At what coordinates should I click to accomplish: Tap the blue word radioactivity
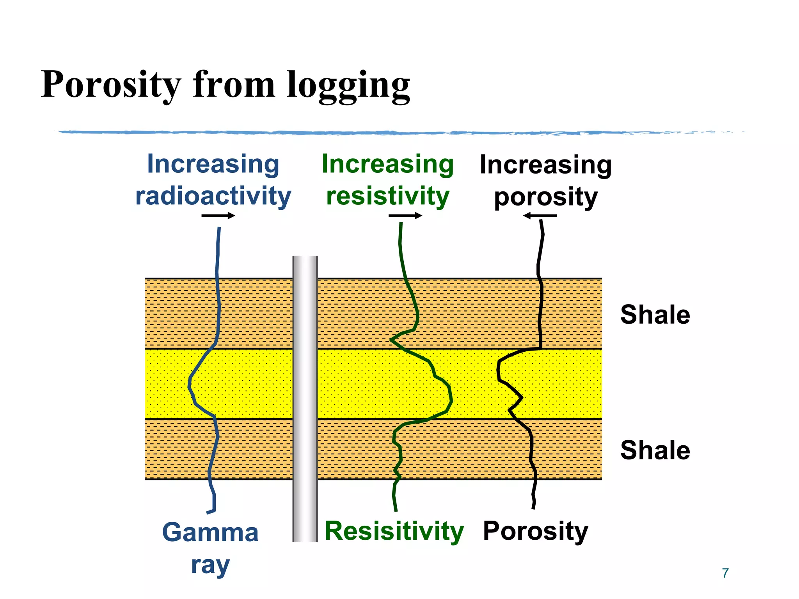point(213,196)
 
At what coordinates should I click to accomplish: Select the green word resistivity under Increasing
point(388,196)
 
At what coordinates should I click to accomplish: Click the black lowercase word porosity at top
point(545,197)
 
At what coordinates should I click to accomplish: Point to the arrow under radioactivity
point(218,216)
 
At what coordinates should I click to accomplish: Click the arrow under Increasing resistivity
point(405,216)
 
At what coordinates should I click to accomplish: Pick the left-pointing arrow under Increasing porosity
point(540,215)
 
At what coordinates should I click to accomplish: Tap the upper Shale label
point(655,315)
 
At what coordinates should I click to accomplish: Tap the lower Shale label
point(655,450)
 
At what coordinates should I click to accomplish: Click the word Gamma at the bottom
point(210,533)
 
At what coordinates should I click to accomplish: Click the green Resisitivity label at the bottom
point(394,531)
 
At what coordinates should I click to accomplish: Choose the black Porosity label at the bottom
point(535,531)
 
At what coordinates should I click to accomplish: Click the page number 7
point(725,573)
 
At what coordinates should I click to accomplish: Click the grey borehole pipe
point(305,398)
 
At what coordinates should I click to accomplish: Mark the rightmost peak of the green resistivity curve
point(451,400)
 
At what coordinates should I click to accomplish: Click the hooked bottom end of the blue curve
point(211,510)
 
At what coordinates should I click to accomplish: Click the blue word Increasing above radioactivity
point(213,164)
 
